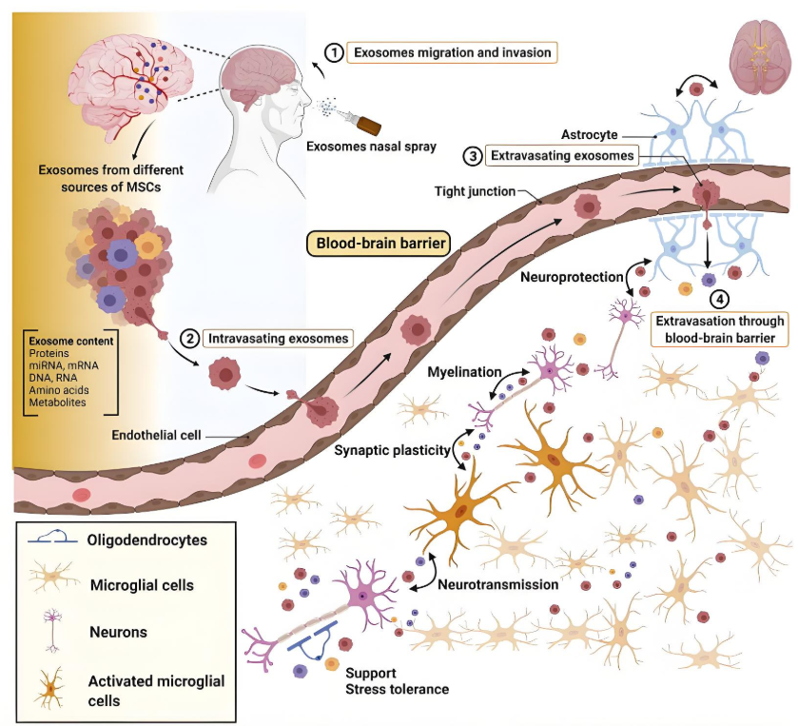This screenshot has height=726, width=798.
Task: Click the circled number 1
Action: [x=334, y=52]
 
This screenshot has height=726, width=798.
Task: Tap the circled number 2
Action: [x=188, y=337]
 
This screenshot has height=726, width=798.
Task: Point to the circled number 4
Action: [x=721, y=299]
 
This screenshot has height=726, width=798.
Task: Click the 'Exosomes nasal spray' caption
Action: [x=365, y=147]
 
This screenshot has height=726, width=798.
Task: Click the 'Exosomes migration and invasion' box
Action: [x=452, y=52]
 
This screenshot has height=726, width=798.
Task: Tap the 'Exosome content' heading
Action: [x=72, y=341]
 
